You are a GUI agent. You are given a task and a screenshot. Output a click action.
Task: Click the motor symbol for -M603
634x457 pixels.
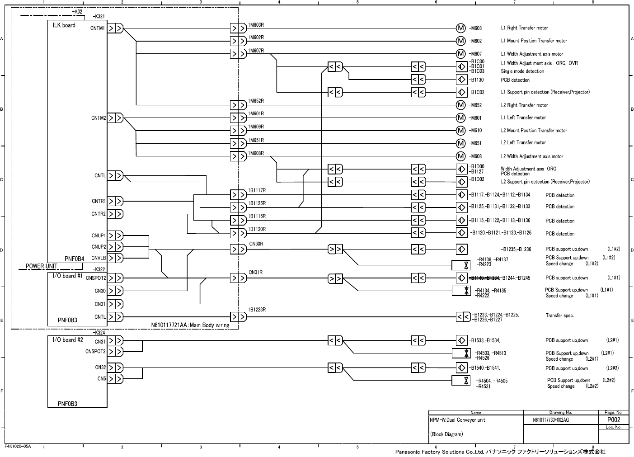click(461, 28)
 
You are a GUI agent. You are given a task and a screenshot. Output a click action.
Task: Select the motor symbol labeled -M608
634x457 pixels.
click(461, 156)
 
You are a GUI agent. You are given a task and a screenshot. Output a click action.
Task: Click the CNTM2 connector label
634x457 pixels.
click(99, 118)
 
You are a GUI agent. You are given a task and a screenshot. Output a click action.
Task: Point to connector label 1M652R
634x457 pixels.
click(256, 101)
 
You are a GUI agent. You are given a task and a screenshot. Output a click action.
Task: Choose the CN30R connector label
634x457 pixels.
click(256, 244)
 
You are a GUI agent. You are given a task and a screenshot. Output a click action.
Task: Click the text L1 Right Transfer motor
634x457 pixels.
click(524, 28)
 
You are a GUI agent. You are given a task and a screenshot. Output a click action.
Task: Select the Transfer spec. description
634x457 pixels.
click(559, 316)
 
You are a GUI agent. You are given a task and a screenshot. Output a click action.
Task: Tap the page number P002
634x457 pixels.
click(613, 420)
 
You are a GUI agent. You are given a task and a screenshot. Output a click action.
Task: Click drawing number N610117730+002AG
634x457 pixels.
click(551, 420)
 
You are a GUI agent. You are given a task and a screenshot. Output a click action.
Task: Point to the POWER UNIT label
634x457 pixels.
click(41, 266)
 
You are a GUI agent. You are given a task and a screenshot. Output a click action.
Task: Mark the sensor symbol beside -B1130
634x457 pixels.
click(461, 80)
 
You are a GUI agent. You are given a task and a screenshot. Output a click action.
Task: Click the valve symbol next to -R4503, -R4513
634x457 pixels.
click(466, 353)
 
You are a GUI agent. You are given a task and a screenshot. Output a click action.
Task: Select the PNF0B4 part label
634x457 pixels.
click(74, 259)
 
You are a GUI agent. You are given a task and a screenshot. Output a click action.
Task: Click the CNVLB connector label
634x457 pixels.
click(99, 258)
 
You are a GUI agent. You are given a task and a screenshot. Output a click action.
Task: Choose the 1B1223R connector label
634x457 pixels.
click(257, 310)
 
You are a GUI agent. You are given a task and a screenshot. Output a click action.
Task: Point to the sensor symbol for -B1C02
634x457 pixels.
click(461, 92)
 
